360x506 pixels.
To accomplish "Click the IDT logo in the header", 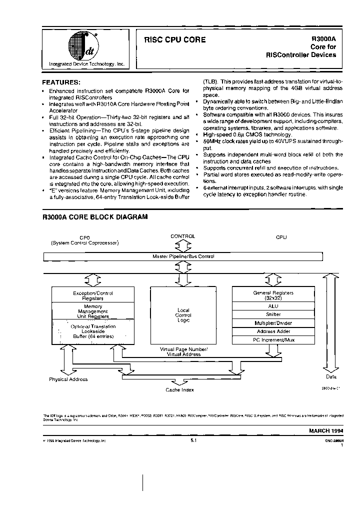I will (x=80, y=45).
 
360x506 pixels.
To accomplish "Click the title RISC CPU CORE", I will (x=174, y=39).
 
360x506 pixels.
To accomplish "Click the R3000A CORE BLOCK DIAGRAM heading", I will (x=94, y=217).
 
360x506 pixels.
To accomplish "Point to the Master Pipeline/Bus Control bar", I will (x=183, y=256).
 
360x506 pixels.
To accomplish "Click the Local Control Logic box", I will (x=183, y=315).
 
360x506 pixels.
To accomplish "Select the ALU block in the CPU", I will (x=273, y=305).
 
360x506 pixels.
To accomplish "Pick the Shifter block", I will (x=273, y=314).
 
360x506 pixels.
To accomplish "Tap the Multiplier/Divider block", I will (x=273, y=322).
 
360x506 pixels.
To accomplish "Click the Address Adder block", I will (x=273, y=331).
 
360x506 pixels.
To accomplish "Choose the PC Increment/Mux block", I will (x=273, y=339).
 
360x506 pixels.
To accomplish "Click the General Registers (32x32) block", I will (x=273, y=295).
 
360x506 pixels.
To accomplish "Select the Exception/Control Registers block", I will (x=93, y=295).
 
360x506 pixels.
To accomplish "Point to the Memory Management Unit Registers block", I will (x=93, y=311).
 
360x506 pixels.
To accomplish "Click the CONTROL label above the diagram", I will (x=183, y=236).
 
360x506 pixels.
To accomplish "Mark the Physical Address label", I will (x=68, y=379).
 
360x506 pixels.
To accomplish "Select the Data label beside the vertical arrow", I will (x=331, y=376).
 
